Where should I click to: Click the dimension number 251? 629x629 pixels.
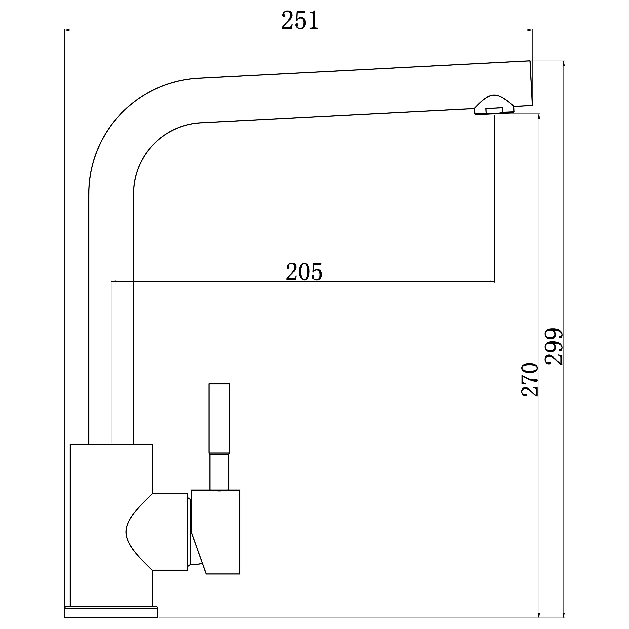point(300,20)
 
